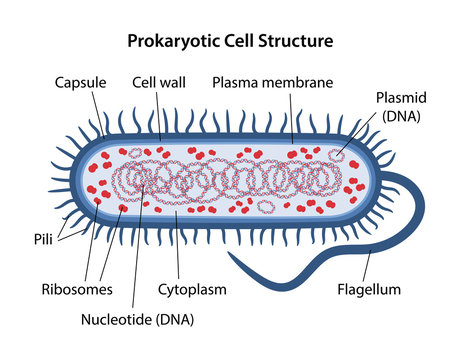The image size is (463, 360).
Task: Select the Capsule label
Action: tap(78, 81)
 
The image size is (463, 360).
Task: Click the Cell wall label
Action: tap(156, 81)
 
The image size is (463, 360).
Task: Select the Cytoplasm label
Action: tap(191, 290)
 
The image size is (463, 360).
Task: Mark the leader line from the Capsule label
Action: tap(98, 106)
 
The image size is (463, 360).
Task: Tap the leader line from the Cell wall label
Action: tap(157, 105)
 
